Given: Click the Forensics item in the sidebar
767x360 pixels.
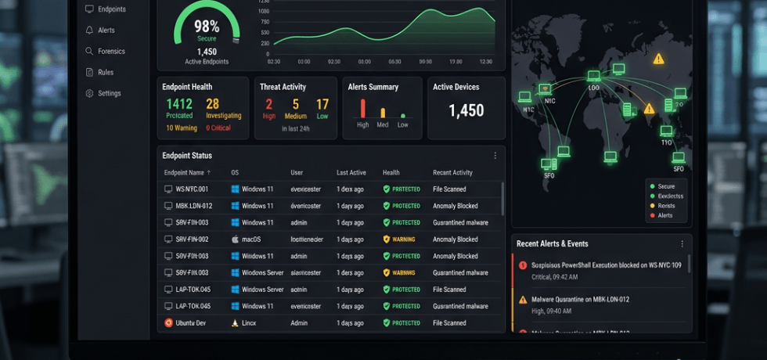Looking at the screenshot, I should coord(110,52).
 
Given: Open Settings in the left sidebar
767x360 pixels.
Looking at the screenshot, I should coord(109,93).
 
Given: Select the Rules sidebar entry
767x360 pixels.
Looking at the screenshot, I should coord(105,73).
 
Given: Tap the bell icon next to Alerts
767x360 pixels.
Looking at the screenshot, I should coord(90,31).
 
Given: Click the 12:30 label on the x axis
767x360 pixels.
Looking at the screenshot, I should coord(485,61).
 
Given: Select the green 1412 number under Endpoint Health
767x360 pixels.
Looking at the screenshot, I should coord(178,104).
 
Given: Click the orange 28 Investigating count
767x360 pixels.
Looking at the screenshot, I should coord(212,104).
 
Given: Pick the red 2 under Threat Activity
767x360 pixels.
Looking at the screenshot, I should coord(268,104).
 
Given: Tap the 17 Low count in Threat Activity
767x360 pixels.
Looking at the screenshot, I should coord(322,104).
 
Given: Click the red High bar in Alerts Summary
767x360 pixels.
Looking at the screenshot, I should coord(362,108).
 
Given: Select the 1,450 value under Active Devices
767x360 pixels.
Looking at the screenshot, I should coord(466,111).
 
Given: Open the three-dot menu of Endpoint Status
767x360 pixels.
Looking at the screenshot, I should coord(495,156).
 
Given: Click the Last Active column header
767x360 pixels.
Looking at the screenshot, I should coord(351,172).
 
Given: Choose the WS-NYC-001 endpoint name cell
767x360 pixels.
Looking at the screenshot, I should coord(192,189).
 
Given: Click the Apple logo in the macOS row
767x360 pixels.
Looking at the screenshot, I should coord(234,239).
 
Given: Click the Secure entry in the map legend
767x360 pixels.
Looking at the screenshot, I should coord(666,186).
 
